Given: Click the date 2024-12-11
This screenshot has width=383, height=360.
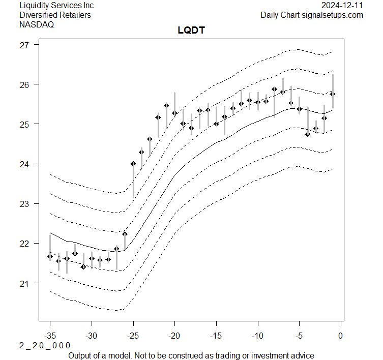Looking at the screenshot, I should click(343, 5).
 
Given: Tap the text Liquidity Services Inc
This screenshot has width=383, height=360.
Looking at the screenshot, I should click(56, 5).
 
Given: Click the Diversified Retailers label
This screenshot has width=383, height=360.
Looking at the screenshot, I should click(55, 15).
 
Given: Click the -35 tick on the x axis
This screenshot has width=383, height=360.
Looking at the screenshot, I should click(50, 336).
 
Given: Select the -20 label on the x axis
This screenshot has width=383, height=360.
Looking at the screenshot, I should click(174, 336).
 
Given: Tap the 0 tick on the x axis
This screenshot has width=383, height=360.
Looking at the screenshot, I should click(340, 336).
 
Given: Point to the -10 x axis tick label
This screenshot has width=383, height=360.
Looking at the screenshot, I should click(257, 336).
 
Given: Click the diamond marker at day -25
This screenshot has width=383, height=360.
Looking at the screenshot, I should click(133, 163).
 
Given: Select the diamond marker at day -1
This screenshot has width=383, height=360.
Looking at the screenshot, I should click(333, 94).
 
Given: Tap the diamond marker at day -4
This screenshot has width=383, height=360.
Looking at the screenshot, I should click(308, 134).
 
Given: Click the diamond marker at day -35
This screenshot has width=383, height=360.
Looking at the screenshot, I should click(50, 256).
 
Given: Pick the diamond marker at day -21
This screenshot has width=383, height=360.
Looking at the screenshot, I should click(166, 105).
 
